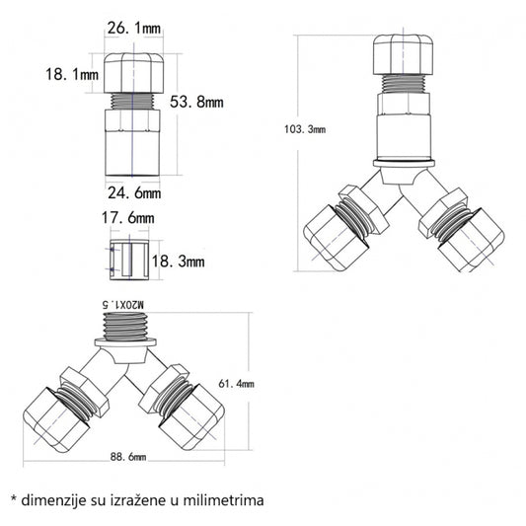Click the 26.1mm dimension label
pos(132,30)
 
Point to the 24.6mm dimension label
pos(133,189)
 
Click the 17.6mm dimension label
pos(131,217)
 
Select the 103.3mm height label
pos(306,128)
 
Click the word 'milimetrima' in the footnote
pos(222,500)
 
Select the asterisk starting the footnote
pos(13,499)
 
